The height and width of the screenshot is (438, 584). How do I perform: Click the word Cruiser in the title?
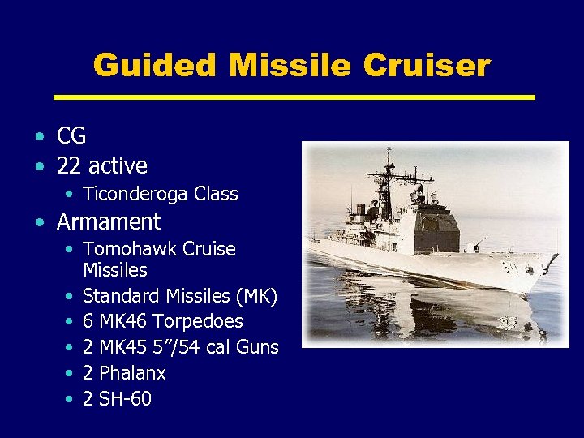click(427, 65)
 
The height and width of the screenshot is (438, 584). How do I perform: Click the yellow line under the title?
click(294, 97)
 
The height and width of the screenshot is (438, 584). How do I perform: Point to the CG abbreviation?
click(71, 136)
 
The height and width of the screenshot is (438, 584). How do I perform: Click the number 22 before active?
click(69, 166)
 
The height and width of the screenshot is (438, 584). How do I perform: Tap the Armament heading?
click(109, 221)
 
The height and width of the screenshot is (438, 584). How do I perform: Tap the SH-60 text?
click(125, 399)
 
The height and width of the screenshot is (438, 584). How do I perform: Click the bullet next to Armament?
click(40, 222)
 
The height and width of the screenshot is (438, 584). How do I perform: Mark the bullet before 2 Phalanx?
click(69, 374)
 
